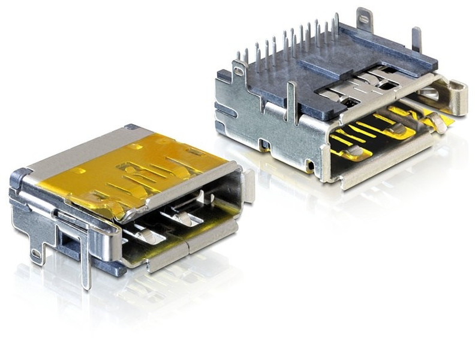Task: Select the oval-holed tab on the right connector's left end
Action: click(x=239, y=71)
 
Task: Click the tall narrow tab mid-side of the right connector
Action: click(x=292, y=102)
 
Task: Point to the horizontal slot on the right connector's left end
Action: click(x=225, y=112)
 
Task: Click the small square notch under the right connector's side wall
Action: click(x=264, y=145)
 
